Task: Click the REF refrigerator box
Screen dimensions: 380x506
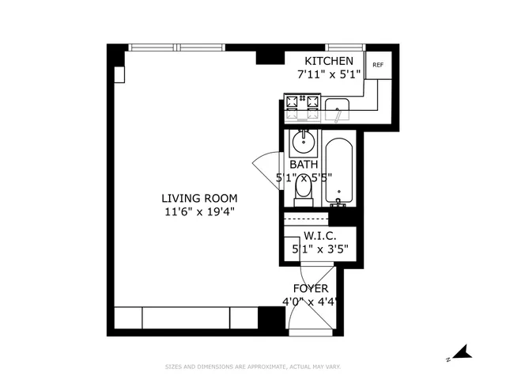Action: click(378, 65)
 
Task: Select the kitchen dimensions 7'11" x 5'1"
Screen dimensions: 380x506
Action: click(329, 75)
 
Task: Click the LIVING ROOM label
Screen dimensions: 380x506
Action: click(199, 198)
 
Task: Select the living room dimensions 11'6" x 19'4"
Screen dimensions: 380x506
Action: click(199, 211)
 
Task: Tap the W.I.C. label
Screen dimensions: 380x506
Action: click(320, 236)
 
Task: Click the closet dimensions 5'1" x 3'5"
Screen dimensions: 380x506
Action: click(320, 249)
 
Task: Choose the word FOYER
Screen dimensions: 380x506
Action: click(311, 288)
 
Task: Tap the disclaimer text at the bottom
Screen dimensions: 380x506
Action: click(252, 367)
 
